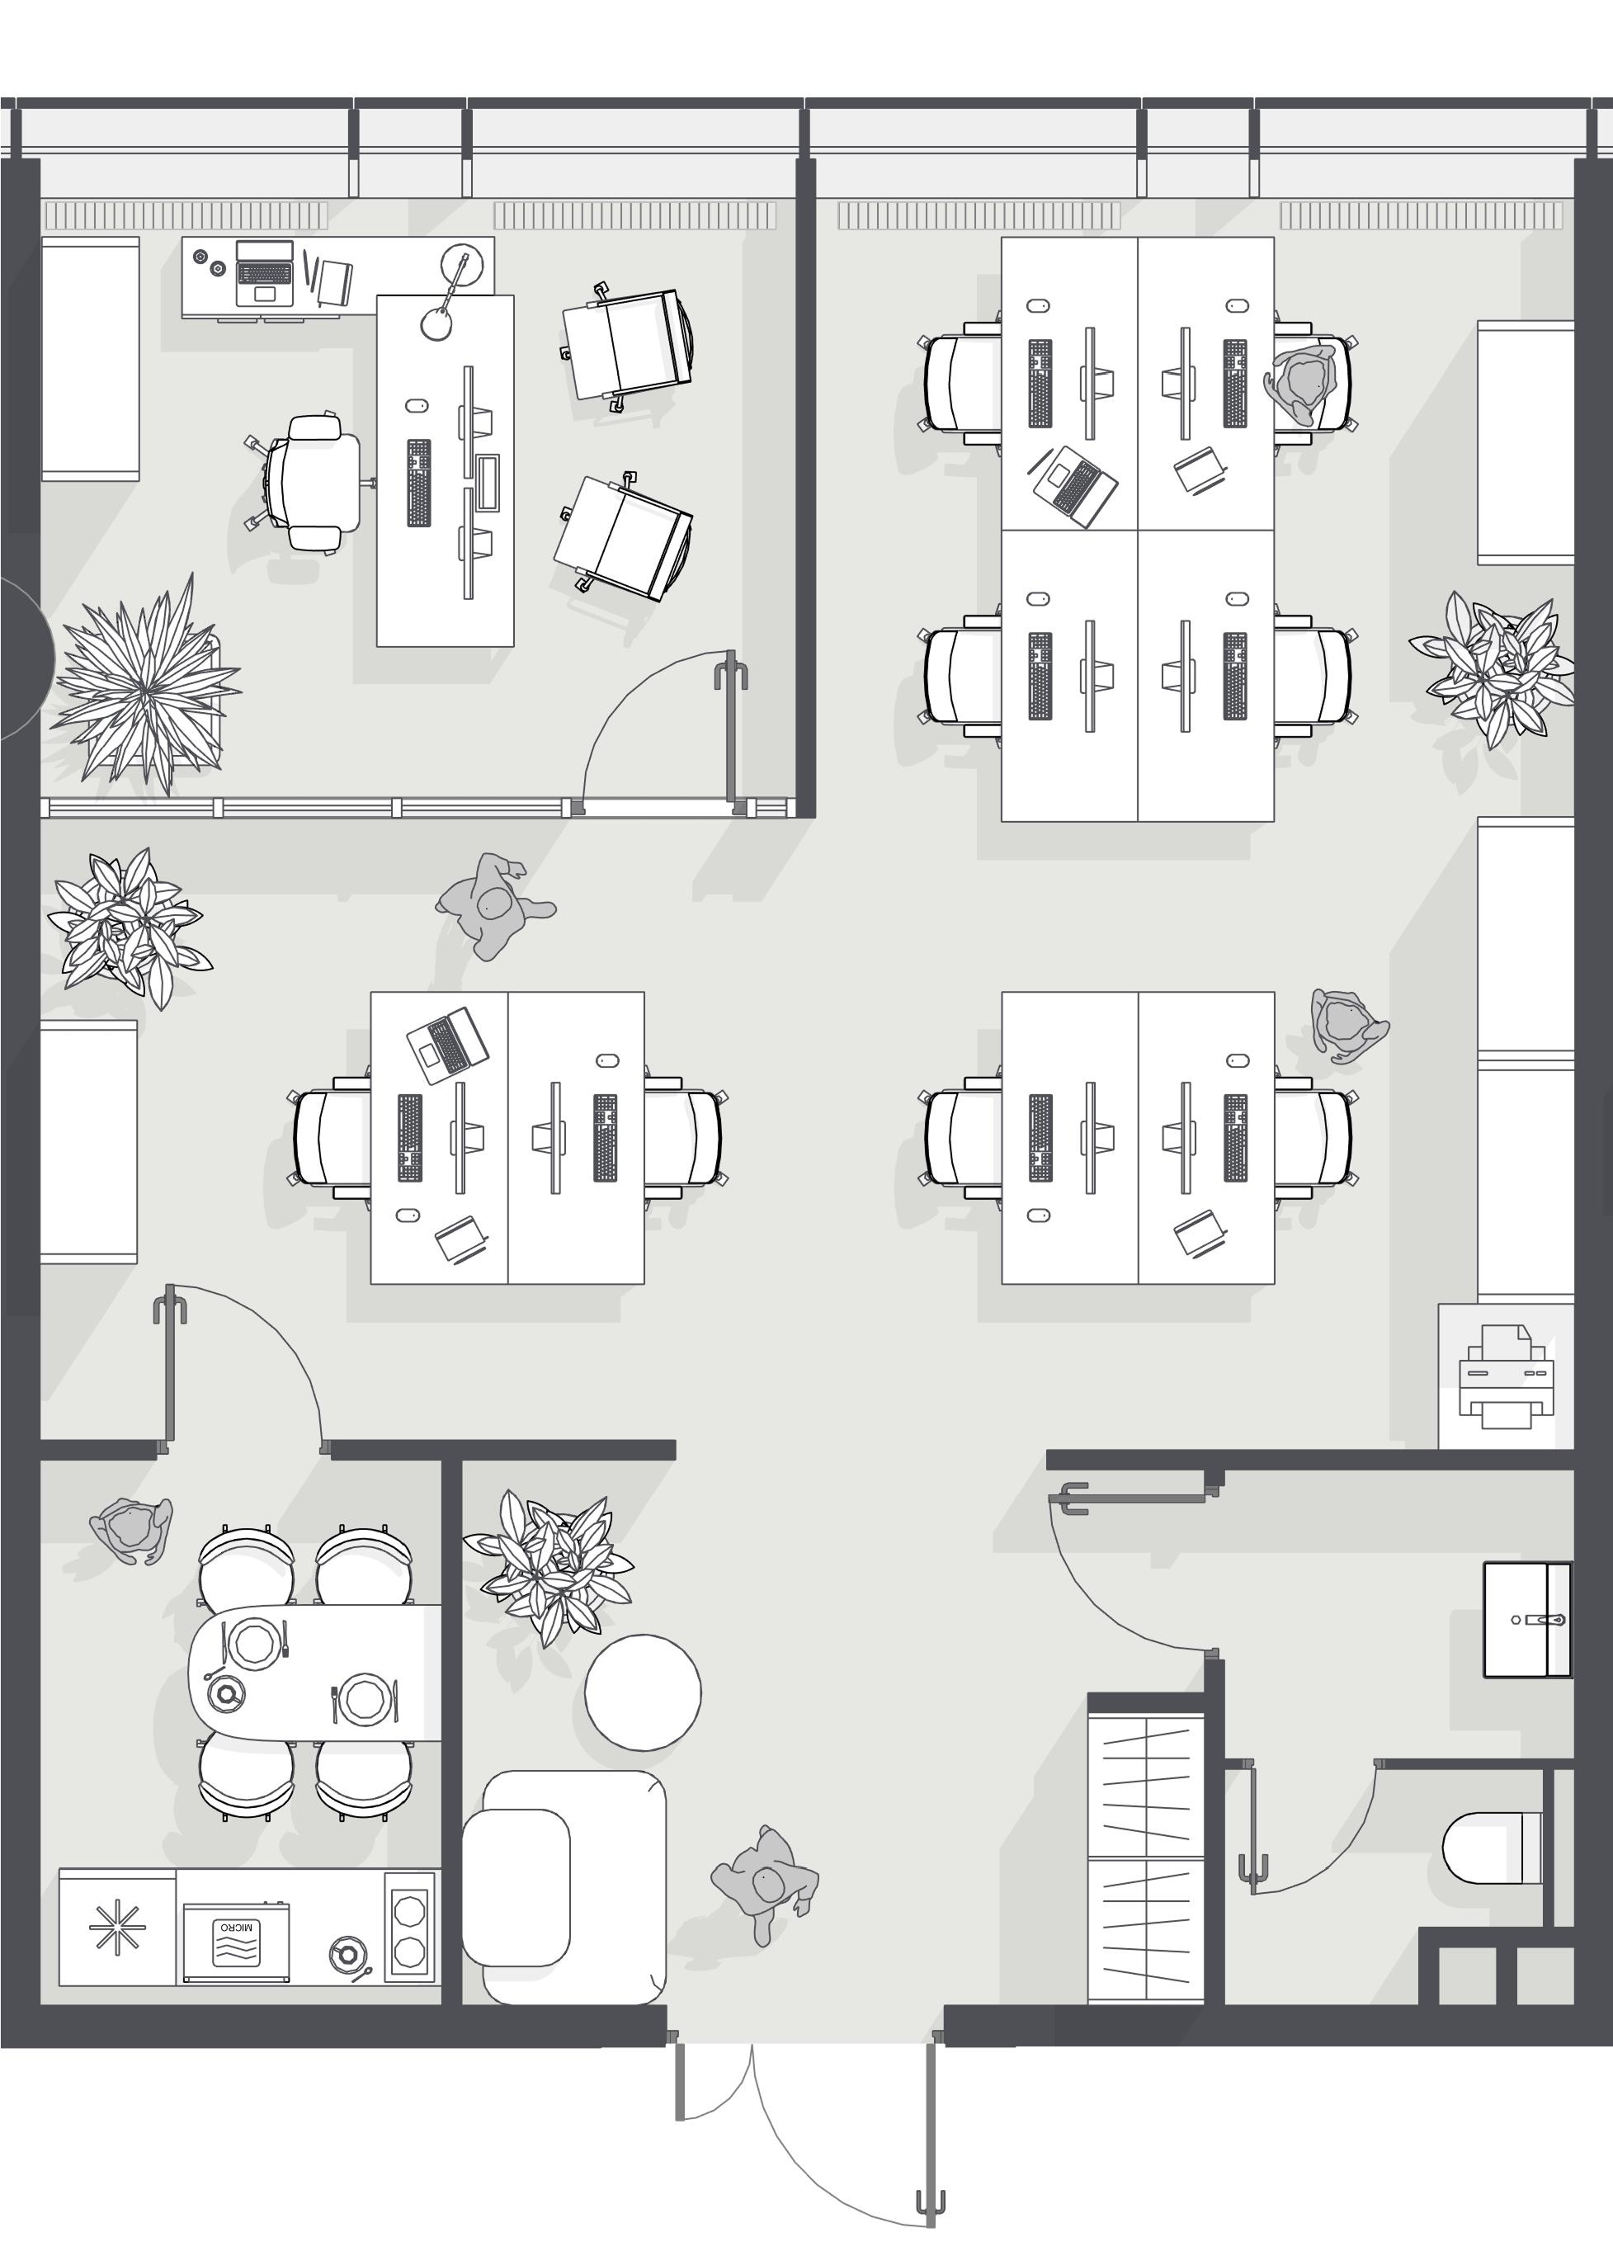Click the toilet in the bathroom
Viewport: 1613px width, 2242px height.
(1493, 1848)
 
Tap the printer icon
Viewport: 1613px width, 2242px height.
(1507, 1377)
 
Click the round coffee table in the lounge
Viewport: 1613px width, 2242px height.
(643, 1692)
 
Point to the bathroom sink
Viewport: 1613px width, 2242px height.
(1527, 1620)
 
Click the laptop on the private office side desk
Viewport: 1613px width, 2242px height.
(265, 273)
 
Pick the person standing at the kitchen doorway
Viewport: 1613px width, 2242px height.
(133, 1528)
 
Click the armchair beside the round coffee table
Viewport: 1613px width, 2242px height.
(564, 1887)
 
